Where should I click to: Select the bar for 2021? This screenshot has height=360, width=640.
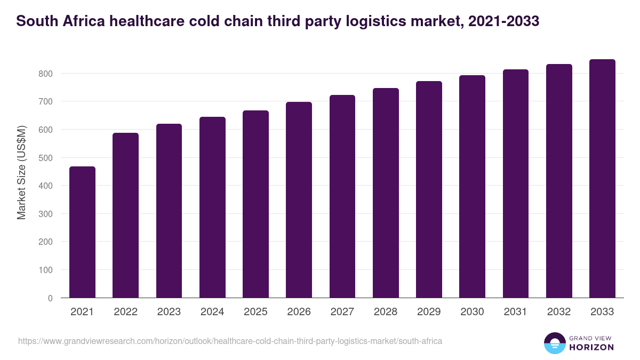click(x=82, y=232)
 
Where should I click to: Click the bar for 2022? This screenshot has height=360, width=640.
click(x=125, y=215)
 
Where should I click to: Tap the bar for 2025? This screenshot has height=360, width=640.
click(x=255, y=204)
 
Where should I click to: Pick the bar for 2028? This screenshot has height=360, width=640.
click(x=386, y=193)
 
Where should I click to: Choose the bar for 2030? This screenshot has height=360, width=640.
click(x=472, y=187)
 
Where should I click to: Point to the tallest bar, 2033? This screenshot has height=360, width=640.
click(x=602, y=179)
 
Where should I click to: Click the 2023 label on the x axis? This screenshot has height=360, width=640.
click(x=169, y=312)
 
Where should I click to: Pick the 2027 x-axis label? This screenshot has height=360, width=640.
click(x=342, y=312)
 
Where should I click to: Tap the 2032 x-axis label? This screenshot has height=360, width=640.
click(x=559, y=312)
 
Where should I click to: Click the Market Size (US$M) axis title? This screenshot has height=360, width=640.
click(x=21, y=172)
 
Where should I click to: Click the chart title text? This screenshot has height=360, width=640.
click(x=277, y=21)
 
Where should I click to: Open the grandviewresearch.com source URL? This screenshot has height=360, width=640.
click(x=230, y=341)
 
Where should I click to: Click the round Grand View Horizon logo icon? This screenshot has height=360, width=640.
click(x=555, y=343)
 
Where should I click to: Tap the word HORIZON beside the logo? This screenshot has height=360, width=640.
click(x=591, y=347)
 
